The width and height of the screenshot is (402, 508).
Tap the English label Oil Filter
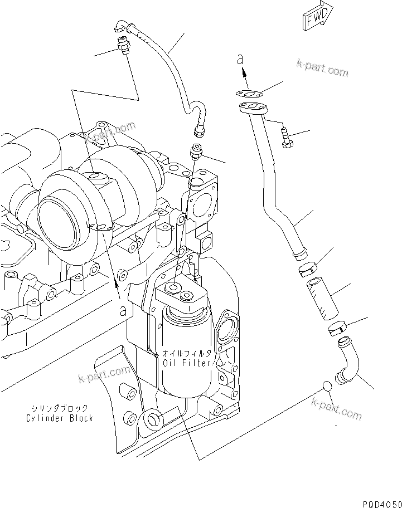pyautogui.click(x=187, y=363)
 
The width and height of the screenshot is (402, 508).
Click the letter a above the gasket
pyautogui.click(x=240, y=59)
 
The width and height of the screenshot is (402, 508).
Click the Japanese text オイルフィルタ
pyautogui.click(x=187, y=354)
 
